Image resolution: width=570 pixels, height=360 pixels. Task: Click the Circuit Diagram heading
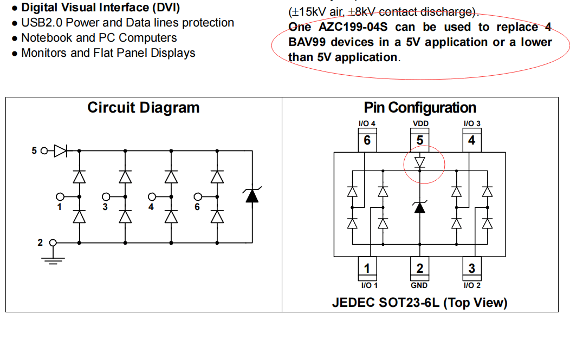click(x=144, y=108)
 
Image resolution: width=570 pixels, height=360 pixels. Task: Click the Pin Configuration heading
click(x=420, y=108)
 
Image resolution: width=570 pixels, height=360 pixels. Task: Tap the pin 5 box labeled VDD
click(x=420, y=140)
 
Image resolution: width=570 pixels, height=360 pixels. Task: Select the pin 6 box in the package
click(x=367, y=140)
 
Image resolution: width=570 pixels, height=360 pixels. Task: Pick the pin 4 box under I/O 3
click(x=472, y=140)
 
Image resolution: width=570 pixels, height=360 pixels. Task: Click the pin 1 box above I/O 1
click(x=367, y=268)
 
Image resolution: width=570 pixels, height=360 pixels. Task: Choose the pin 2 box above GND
click(x=420, y=268)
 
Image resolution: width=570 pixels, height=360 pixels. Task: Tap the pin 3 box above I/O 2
click(x=472, y=268)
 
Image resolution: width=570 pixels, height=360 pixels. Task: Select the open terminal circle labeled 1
click(x=61, y=197)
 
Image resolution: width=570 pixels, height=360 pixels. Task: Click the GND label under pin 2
click(x=419, y=285)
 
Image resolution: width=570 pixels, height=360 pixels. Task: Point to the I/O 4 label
click(x=367, y=123)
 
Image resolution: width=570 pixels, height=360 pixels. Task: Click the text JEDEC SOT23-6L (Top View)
click(x=420, y=302)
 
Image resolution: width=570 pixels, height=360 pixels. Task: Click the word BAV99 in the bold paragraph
click(x=307, y=42)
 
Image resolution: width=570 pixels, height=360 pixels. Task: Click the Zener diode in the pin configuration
click(x=419, y=207)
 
